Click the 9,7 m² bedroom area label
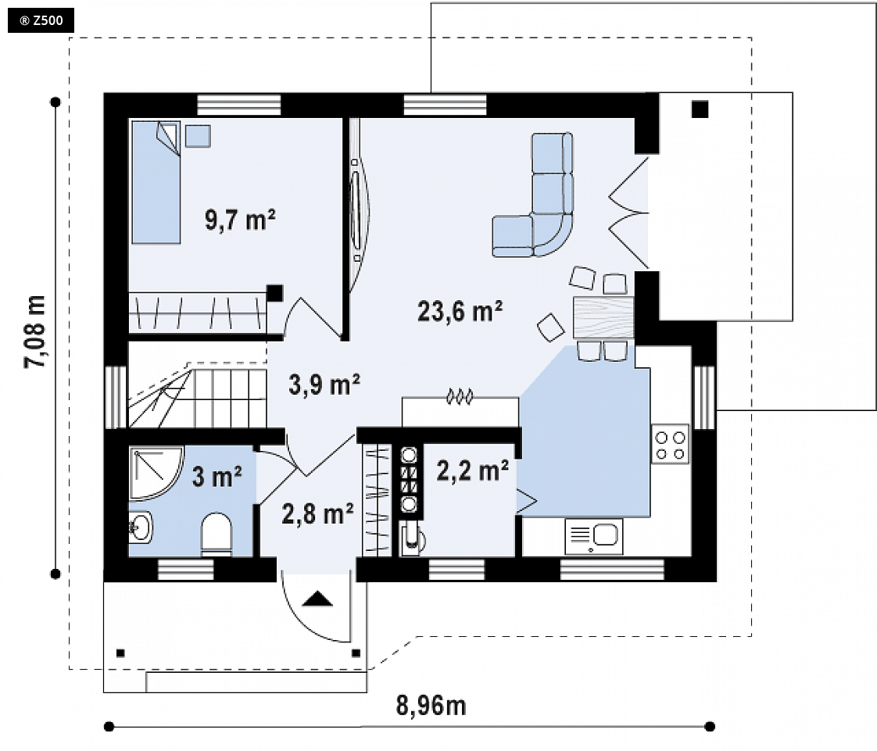[240, 220]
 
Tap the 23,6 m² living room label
[460, 311]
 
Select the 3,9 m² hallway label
[324, 384]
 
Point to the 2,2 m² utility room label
[473, 471]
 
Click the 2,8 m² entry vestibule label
[317, 513]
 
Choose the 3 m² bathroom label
[217, 477]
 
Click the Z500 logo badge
[41, 20]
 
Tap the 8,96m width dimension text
[431, 706]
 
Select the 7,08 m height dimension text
[35, 331]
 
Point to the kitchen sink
[594, 536]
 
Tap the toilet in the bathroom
[216, 535]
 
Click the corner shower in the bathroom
[155, 472]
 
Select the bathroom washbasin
[141, 527]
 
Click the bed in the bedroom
[156, 182]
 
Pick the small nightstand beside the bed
[198, 137]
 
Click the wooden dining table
[603, 317]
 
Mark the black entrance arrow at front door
[317, 599]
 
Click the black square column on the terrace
[700, 109]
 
